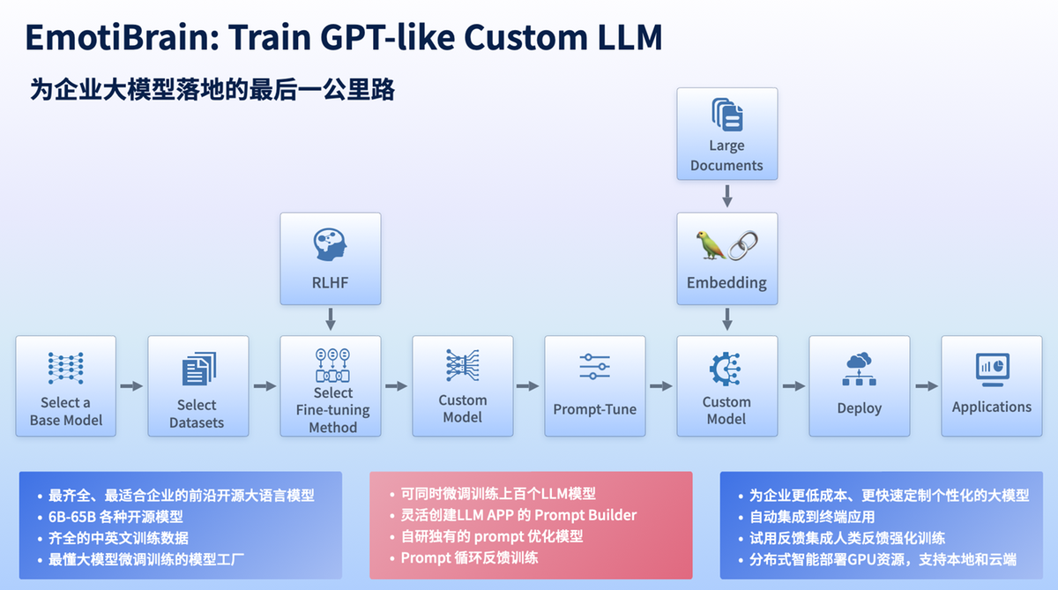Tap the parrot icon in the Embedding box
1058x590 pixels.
(x=712, y=245)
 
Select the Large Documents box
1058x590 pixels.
(x=726, y=133)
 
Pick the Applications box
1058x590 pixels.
(x=991, y=385)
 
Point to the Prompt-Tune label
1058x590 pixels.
(x=594, y=409)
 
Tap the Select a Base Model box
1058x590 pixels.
(x=66, y=385)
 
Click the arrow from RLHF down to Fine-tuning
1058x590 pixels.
(x=331, y=317)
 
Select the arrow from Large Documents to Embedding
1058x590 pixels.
(x=726, y=195)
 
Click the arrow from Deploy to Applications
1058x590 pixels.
(x=925, y=386)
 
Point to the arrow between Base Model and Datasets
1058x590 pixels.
(x=131, y=386)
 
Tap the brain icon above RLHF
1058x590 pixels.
(x=331, y=244)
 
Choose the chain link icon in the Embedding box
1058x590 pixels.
(x=743, y=245)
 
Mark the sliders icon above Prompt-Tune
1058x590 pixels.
(x=594, y=367)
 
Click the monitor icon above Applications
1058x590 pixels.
(x=991, y=369)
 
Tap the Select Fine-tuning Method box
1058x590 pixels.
(x=331, y=385)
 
